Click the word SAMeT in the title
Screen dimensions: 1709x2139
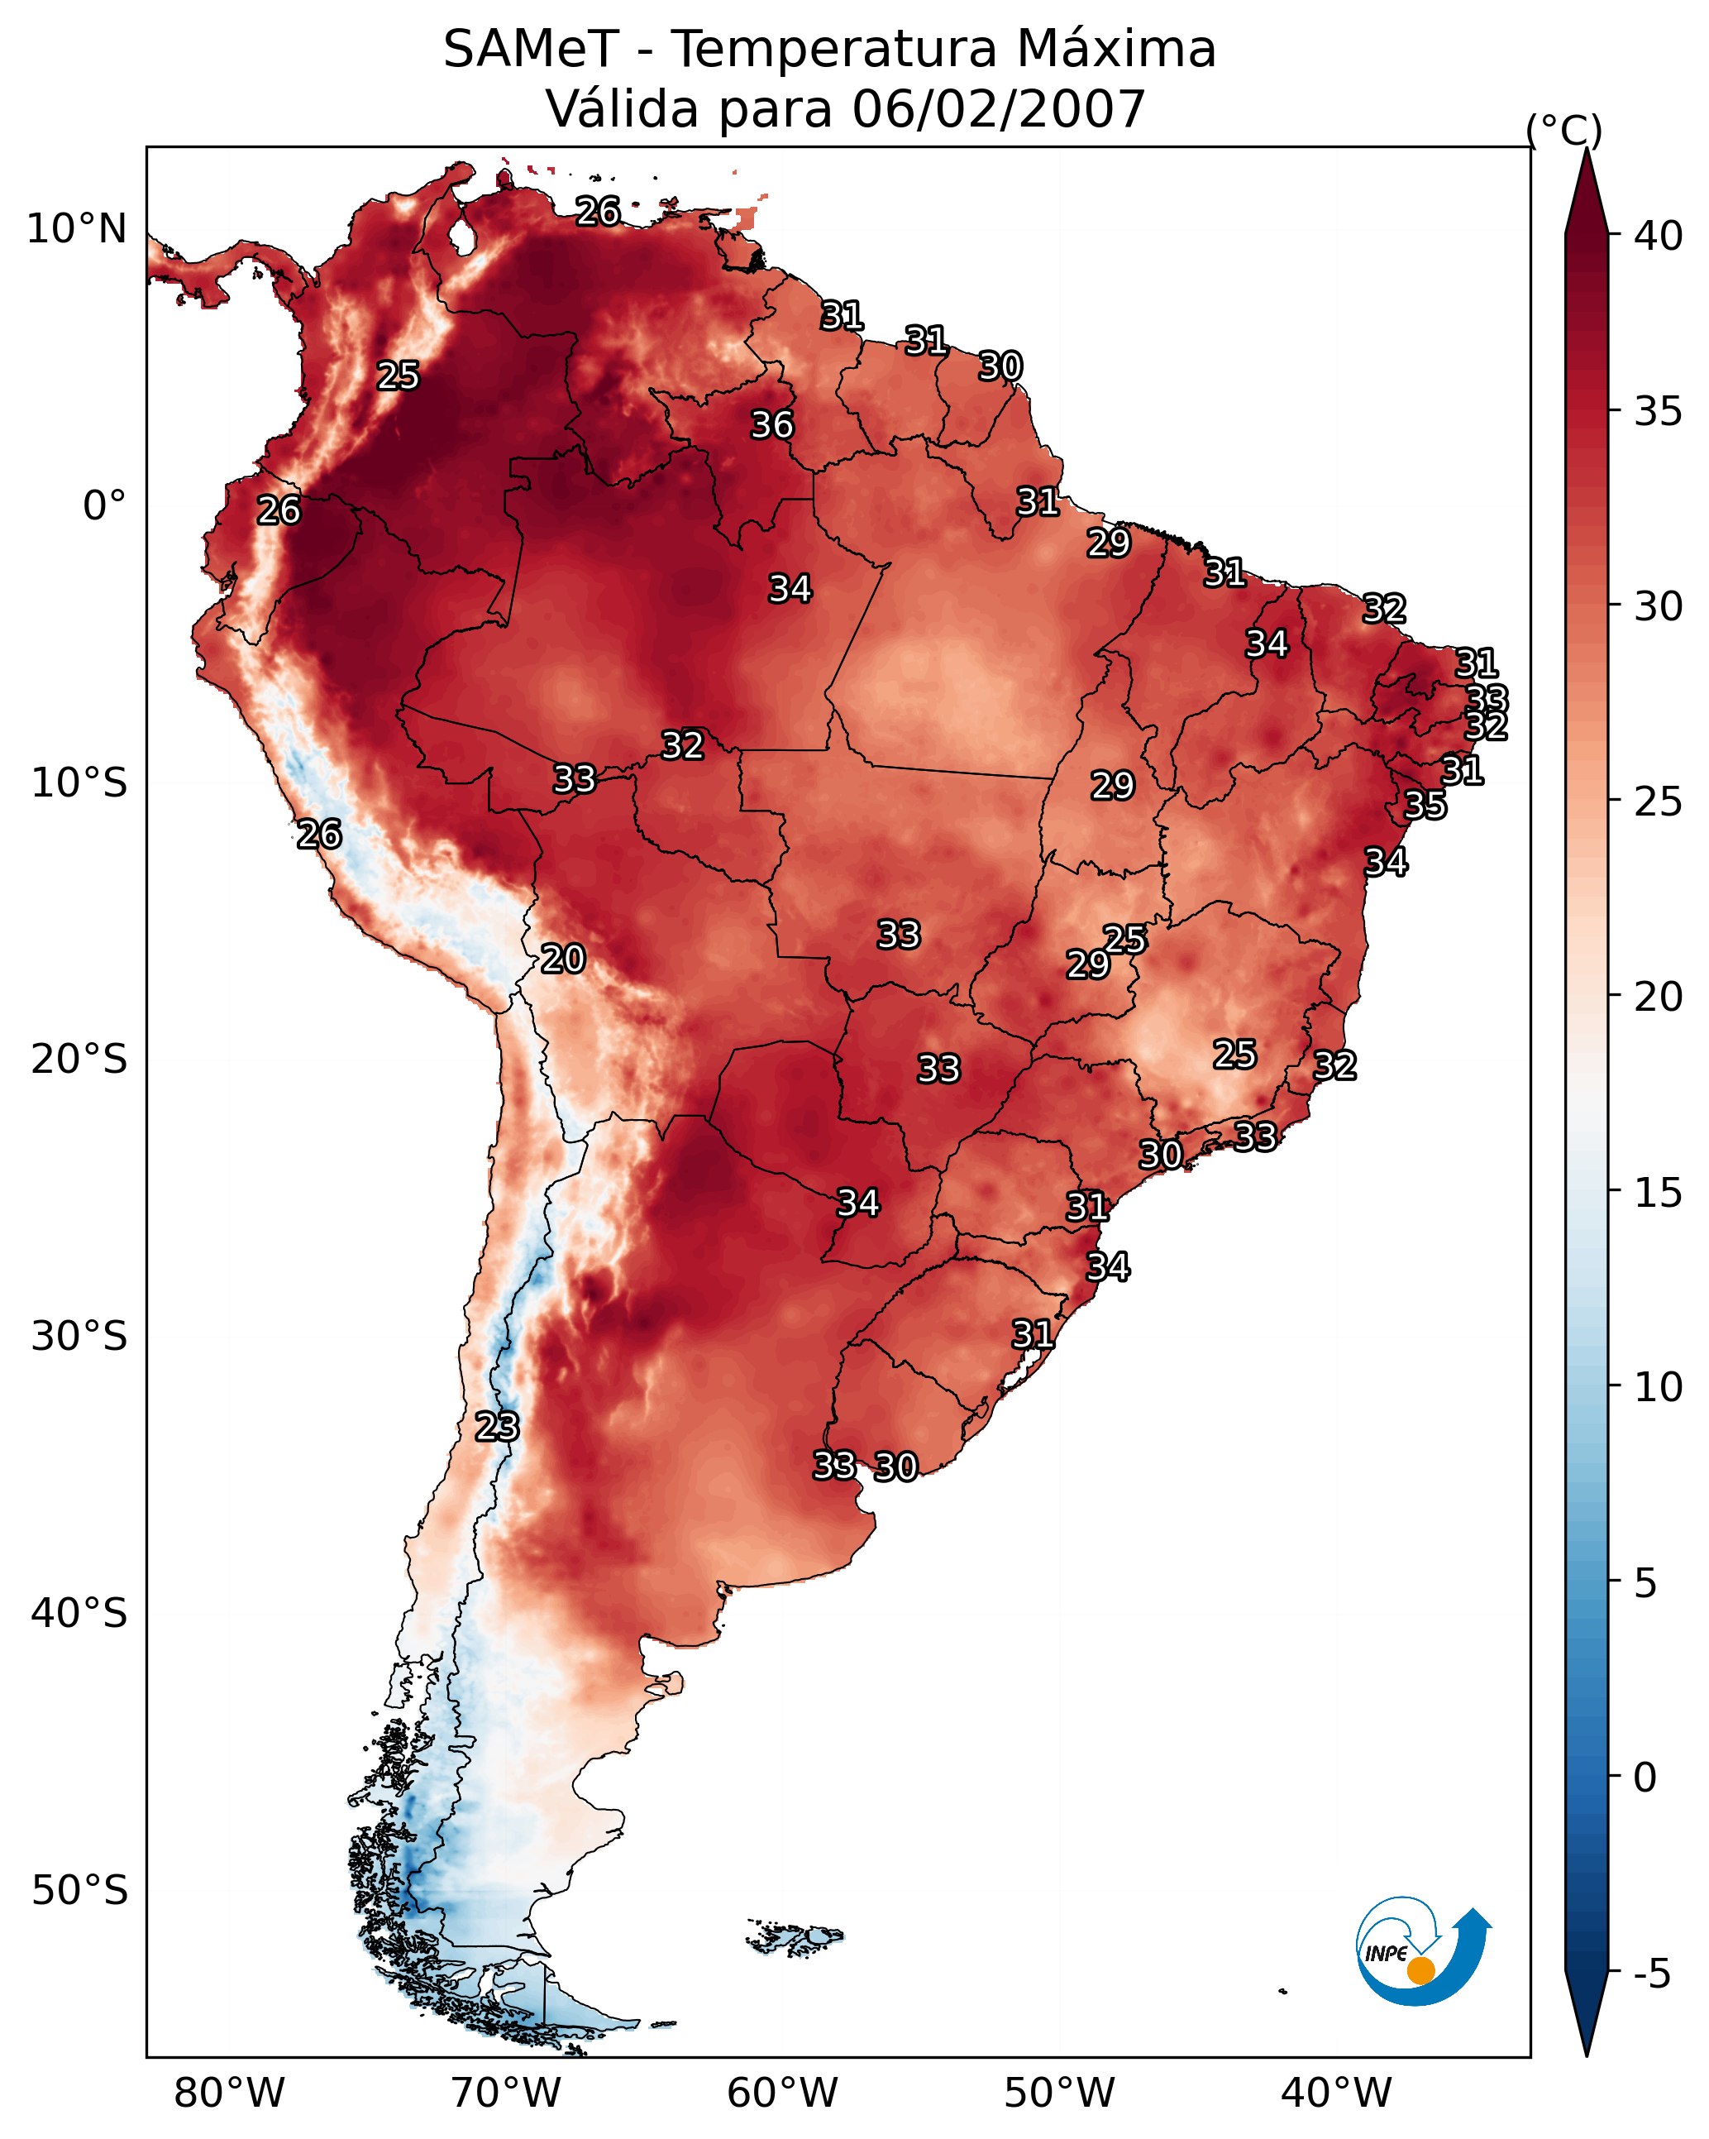click(531, 50)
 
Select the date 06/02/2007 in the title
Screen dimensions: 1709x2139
click(998, 109)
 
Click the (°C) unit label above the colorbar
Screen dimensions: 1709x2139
click(1563, 130)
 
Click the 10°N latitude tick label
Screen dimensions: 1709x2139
click(76, 229)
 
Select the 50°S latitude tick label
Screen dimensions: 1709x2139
click(79, 1891)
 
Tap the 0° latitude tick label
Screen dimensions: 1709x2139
click(104, 506)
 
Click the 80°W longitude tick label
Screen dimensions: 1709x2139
click(229, 2094)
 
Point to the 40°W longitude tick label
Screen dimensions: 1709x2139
click(1336, 2094)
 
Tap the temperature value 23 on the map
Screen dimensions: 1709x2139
click(496, 1427)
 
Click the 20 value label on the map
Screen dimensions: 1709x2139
click(562, 959)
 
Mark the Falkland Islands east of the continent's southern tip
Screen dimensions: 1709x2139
click(795, 1934)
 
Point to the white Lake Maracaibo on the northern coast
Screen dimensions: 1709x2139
click(461, 236)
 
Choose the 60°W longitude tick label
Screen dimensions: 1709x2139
click(783, 2094)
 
